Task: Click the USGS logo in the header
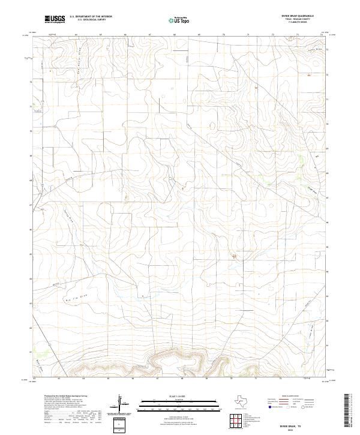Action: point(55,19)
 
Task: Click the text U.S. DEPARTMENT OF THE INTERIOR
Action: point(91,16)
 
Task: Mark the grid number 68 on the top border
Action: point(173,35)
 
